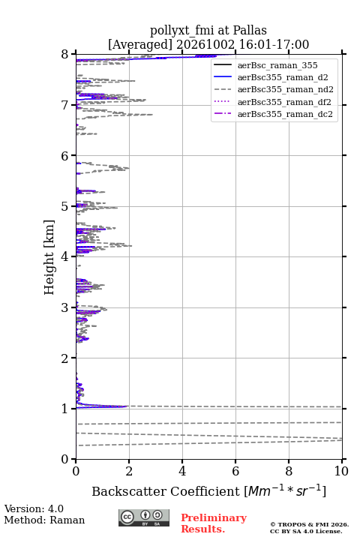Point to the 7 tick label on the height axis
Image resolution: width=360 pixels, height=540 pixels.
coord(65,105)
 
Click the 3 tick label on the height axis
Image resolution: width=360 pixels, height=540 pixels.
coord(65,307)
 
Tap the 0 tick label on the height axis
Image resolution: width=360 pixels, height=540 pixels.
coord(65,459)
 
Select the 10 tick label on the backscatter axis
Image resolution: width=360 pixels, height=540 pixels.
coord(341,471)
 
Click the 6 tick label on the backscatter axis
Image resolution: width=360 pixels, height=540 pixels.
coord(235,471)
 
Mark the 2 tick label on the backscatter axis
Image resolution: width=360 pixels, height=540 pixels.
coord(129,471)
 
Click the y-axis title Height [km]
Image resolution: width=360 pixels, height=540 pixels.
coord(49,257)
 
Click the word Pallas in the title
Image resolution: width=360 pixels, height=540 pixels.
coord(250,30)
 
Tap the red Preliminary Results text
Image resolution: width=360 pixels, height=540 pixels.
coord(214,523)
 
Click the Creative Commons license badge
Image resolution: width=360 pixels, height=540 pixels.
coord(144,518)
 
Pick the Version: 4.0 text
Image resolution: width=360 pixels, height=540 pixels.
coord(34,508)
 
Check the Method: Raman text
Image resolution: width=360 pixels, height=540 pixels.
coord(44,520)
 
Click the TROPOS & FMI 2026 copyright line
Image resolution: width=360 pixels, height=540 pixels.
coord(309,524)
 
